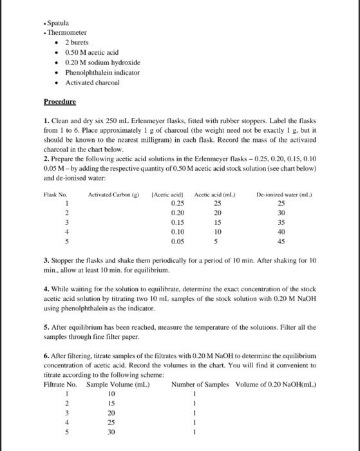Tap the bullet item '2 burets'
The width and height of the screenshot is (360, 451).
[x=76, y=41]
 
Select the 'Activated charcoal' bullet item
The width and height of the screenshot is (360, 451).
[x=91, y=82]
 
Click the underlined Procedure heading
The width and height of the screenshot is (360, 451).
[x=59, y=102]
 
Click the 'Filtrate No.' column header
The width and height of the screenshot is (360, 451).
[x=59, y=385]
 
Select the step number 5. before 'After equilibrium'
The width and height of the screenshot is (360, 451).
[x=46, y=327]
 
